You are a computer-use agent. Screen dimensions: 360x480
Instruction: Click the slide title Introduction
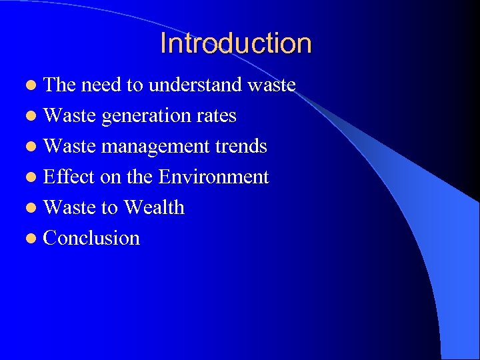(235, 44)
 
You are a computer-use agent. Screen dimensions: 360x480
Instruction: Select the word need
(103, 85)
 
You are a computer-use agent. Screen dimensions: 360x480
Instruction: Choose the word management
(149, 147)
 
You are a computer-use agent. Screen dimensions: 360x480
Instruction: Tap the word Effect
(69, 177)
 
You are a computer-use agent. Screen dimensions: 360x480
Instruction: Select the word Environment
(213, 177)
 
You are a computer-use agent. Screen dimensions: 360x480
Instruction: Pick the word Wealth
(154, 207)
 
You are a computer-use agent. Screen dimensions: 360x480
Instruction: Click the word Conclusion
(91, 238)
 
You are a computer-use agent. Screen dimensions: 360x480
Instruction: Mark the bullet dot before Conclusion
(33, 239)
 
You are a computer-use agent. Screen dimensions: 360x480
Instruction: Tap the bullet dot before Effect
(33, 177)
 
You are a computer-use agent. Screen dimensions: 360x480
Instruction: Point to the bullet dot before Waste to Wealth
(33, 208)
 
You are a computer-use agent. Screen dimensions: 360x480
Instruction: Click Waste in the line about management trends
(69, 147)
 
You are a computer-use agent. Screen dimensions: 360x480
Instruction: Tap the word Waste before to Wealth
(69, 207)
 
